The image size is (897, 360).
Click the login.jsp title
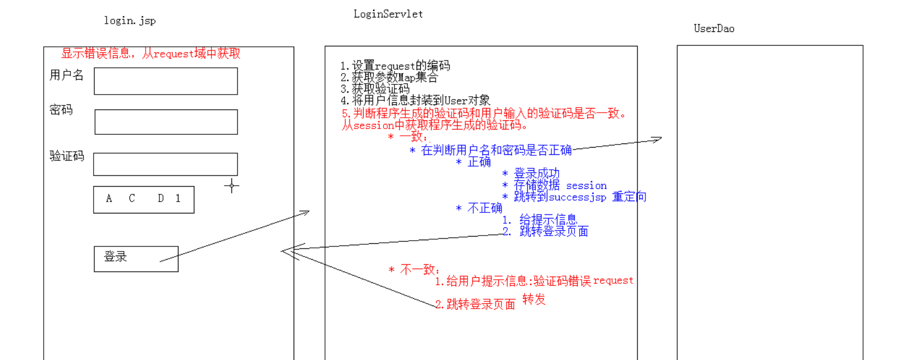coord(130,21)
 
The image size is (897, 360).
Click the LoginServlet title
coord(388,14)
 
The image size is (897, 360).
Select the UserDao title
coord(714,29)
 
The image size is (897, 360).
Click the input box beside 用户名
coord(166,81)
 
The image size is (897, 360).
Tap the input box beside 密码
coord(166,122)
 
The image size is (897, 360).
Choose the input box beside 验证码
coord(166,164)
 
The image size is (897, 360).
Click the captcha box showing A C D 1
coord(143,200)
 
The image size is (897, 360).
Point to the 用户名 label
coord(66,75)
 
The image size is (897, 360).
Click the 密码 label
coord(61,110)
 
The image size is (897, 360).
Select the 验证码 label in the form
coord(67,156)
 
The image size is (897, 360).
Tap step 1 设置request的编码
coord(395,66)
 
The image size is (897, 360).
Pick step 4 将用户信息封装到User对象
coord(415,100)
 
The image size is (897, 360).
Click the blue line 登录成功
coord(536,173)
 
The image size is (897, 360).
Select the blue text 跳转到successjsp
coord(560,197)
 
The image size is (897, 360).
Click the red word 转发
coord(534,299)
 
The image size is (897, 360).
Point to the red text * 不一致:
coord(414,269)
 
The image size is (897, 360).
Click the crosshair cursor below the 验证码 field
coord(231,186)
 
